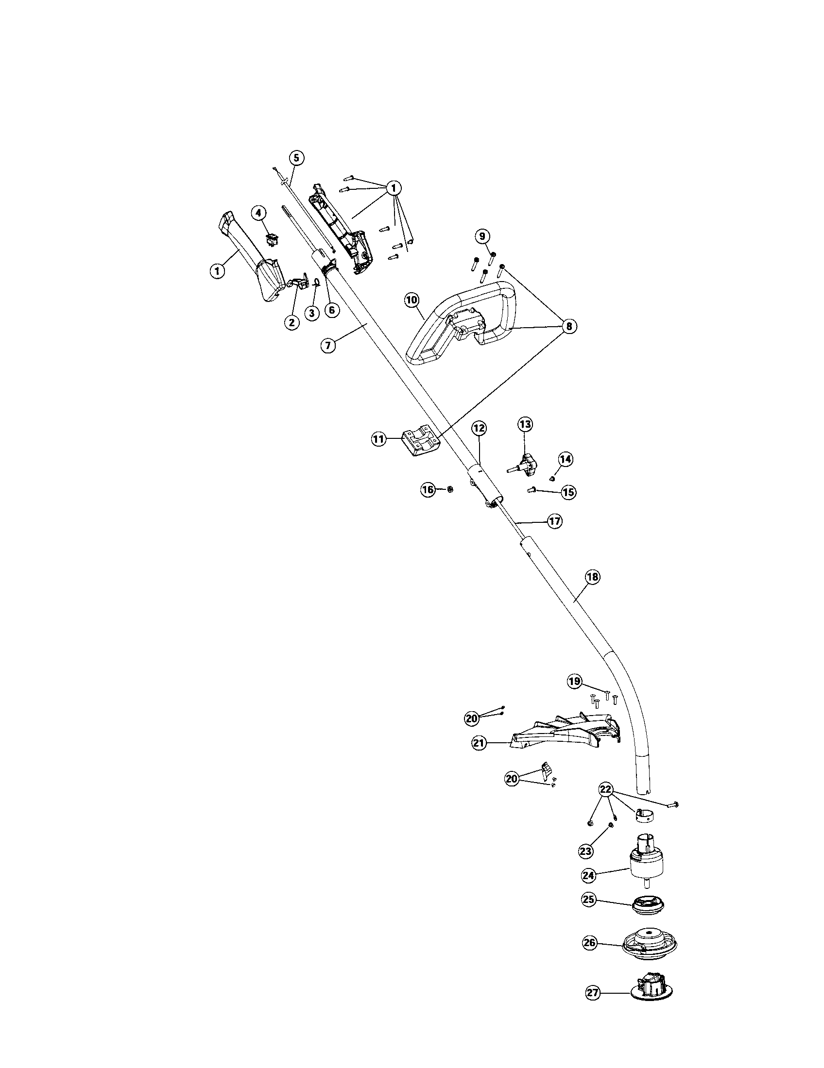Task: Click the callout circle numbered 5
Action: coord(296,157)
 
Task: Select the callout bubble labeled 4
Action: coord(259,213)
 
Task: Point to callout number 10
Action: coord(412,300)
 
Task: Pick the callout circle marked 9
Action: coord(482,237)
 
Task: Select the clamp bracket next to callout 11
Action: coord(420,443)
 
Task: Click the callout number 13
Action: coord(525,423)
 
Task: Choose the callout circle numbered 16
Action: coord(428,489)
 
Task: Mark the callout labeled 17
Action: coord(554,521)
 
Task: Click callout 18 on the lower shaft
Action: coord(592,577)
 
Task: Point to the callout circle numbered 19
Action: coord(574,680)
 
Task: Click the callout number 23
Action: coord(585,851)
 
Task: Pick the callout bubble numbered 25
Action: coord(588,899)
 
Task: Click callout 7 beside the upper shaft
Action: coord(328,345)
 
